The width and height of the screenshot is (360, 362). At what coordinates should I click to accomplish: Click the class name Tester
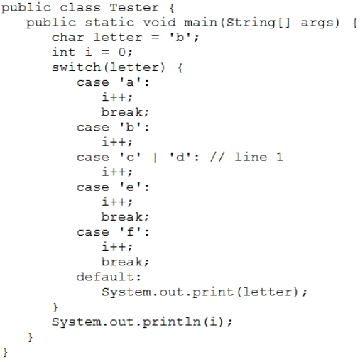(134, 7)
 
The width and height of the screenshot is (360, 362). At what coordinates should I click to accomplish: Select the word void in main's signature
(160, 23)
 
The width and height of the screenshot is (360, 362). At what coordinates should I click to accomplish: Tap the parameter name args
(317, 23)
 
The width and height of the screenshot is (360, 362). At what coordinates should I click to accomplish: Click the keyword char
(68, 38)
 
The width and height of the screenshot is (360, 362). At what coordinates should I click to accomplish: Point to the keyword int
(63, 52)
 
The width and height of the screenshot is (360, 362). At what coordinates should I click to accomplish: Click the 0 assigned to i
(122, 53)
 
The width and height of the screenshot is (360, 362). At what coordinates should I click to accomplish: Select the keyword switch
(77, 67)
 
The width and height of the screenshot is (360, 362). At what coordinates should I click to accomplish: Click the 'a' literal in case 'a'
(130, 82)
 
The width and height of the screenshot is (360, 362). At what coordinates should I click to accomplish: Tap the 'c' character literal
(130, 157)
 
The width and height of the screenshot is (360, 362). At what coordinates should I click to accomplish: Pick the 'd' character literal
(180, 157)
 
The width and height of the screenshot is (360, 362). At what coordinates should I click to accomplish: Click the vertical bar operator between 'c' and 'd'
(155, 157)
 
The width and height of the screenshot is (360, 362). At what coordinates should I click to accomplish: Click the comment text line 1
(258, 157)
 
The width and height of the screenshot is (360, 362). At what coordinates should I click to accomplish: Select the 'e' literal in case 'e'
(130, 187)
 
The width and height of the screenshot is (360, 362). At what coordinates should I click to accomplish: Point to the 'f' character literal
(130, 232)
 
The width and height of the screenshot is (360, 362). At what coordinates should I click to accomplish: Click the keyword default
(105, 277)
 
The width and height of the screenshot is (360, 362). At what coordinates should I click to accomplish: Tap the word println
(171, 322)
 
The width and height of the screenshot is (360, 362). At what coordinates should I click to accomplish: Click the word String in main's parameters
(251, 23)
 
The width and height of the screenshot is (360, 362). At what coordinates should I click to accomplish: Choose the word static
(109, 23)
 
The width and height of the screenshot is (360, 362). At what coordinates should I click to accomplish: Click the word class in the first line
(80, 7)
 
